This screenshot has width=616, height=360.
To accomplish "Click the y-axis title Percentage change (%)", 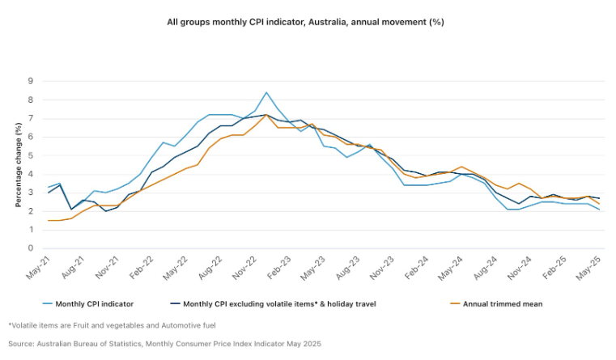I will [x=18, y=164].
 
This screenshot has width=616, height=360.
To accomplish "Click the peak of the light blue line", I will [x=266, y=92].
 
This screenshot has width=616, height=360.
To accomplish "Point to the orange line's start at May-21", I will [x=48, y=220].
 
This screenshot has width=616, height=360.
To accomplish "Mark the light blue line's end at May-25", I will [x=599, y=210].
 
